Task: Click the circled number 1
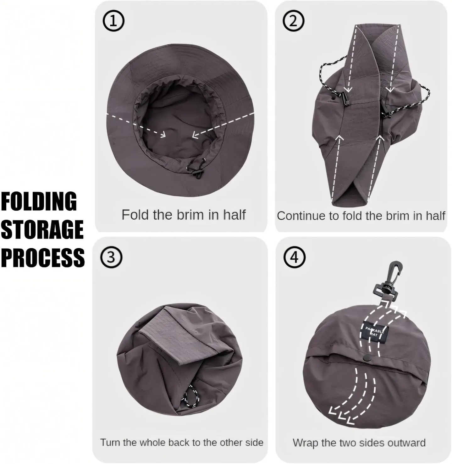[113, 21]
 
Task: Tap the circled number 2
[293, 21]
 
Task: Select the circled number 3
[111, 257]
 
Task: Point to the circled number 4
[294, 257]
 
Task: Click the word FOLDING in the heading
[39, 202]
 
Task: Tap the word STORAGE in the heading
[42, 229]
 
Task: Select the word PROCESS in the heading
[43, 257]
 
